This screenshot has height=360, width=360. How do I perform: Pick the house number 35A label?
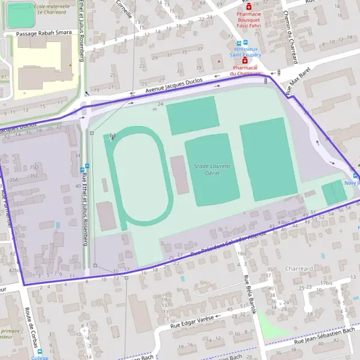point(13,179)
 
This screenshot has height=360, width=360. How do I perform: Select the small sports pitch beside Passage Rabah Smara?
point(21,15)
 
